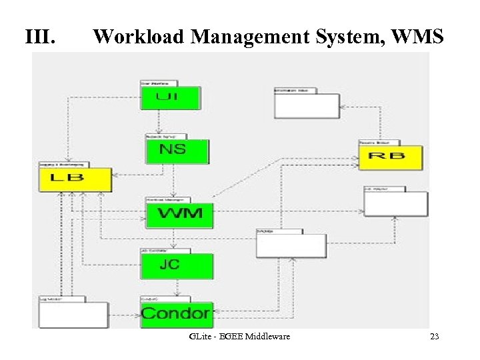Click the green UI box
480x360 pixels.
(x=169, y=97)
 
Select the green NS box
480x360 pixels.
(x=177, y=151)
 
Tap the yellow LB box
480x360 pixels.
(x=75, y=179)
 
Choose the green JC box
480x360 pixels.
(x=177, y=265)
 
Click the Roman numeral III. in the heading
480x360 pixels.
(x=39, y=37)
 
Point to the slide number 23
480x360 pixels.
(x=434, y=337)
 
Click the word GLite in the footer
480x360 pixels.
(x=199, y=337)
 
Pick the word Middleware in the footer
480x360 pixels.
(x=269, y=337)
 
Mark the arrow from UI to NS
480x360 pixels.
(x=159, y=122)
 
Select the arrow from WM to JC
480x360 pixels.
(x=173, y=239)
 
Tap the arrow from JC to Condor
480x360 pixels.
(x=176, y=287)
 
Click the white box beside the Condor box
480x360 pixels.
(x=73, y=315)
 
